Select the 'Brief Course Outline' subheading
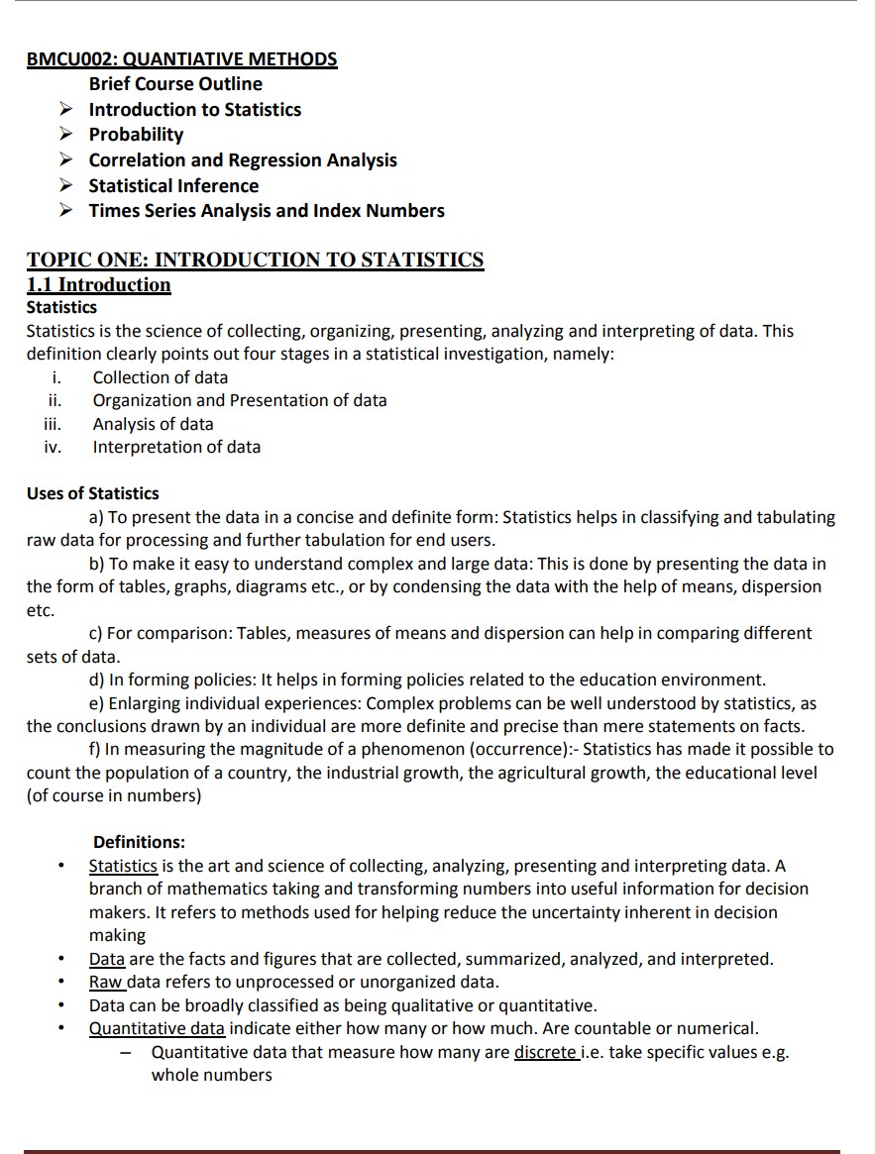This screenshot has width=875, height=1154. click(x=175, y=84)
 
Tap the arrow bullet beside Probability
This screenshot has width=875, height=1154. click(x=65, y=135)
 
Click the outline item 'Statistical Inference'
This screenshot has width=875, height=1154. click(x=173, y=185)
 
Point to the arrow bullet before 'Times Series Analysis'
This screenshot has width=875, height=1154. click(x=65, y=211)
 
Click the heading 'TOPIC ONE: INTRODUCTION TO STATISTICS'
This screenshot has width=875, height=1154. click(x=255, y=261)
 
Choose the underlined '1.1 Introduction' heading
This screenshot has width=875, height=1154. click(x=98, y=285)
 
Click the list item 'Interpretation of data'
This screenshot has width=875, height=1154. click(x=176, y=447)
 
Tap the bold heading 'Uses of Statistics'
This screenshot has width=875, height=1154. click(x=92, y=493)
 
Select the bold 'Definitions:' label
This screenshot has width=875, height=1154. click(x=139, y=843)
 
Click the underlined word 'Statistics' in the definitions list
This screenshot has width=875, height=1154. click(x=123, y=866)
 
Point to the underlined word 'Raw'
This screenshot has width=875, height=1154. click(x=105, y=982)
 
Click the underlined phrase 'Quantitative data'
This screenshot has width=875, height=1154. click(x=157, y=1028)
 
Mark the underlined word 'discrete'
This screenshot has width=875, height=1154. click(x=545, y=1052)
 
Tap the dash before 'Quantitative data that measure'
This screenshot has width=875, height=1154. click(x=126, y=1052)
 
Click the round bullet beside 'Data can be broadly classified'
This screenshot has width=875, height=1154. click(x=61, y=1005)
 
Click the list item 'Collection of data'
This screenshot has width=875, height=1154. click(x=160, y=377)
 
